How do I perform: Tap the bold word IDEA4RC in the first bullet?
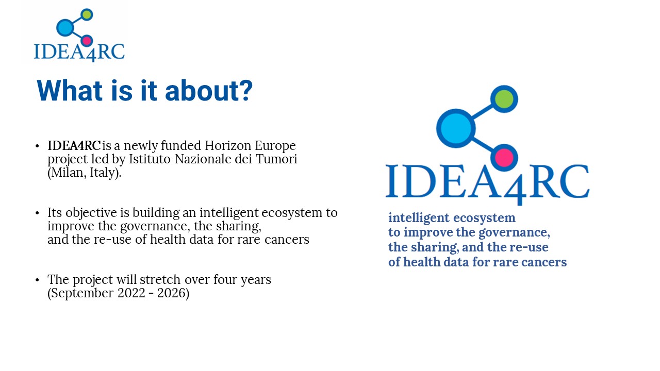click(74, 145)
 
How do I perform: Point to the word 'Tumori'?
click(276, 159)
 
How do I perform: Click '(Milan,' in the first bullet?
click(67, 173)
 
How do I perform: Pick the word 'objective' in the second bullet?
click(91, 213)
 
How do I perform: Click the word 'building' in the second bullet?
click(156, 213)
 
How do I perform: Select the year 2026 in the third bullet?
click(173, 293)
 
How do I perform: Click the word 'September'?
click(80, 294)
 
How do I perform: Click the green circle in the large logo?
click(504, 99)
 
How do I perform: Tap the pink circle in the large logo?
click(504, 158)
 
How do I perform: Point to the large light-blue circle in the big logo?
click(456, 128)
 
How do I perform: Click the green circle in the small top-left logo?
click(87, 14)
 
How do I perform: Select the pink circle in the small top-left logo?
click(87, 41)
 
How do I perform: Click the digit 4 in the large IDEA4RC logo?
click(515, 190)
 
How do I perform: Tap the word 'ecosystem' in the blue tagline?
click(484, 218)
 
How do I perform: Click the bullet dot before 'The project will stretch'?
click(37, 280)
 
